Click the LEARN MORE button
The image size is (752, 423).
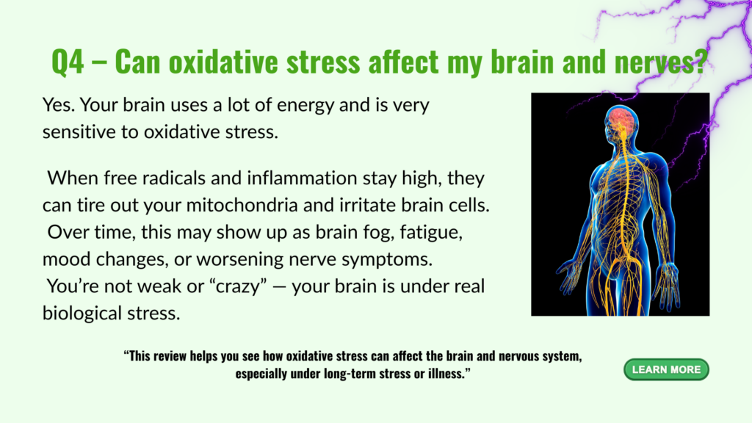[666, 370]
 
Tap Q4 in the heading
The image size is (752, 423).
[68, 62]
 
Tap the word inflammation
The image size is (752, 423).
[302, 178]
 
